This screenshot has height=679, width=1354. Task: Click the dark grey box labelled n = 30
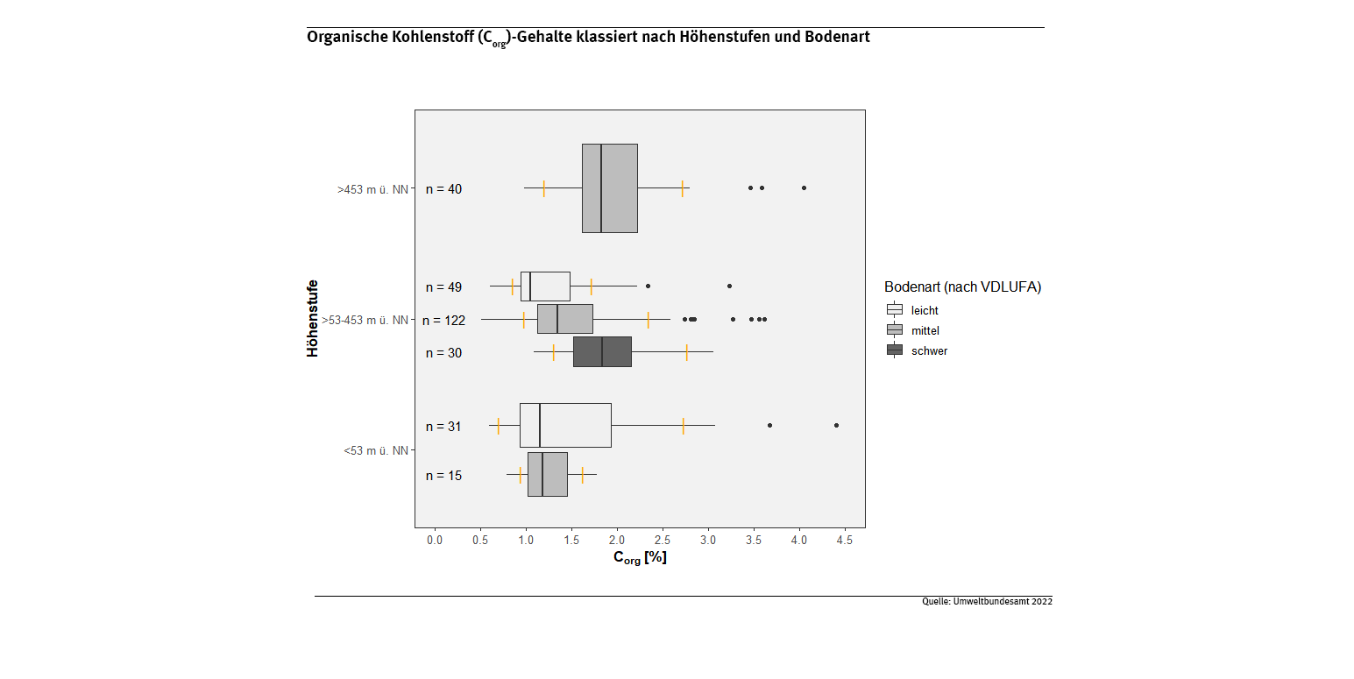(x=602, y=351)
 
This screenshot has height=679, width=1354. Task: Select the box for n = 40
(x=609, y=188)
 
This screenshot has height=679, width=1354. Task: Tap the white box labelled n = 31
(x=565, y=426)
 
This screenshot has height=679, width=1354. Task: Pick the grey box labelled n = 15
(x=547, y=475)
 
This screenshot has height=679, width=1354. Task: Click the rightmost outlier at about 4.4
(x=836, y=425)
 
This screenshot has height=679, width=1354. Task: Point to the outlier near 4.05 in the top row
(x=804, y=187)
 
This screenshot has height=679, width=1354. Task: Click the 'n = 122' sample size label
(x=443, y=321)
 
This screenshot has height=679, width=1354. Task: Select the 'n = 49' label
(x=443, y=287)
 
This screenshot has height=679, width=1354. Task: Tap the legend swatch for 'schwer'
(x=895, y=350)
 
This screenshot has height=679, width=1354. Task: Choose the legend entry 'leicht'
(x=925, y=310)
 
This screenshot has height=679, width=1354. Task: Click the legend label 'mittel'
(x=925, y=330)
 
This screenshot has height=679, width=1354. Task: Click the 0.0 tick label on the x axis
(x=435, y=541)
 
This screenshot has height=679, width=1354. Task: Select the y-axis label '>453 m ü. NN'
(x=372, y=189)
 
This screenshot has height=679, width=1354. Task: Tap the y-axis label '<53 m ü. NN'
(x=376, y=451)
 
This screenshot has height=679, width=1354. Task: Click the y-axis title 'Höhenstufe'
(x=313, y=319)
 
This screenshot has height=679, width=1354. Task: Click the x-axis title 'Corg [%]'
(x=640, y=558)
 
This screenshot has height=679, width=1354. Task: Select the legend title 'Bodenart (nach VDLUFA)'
(x=962, y=287)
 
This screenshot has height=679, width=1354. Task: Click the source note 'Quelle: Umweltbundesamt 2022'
(x=987, y=602)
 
